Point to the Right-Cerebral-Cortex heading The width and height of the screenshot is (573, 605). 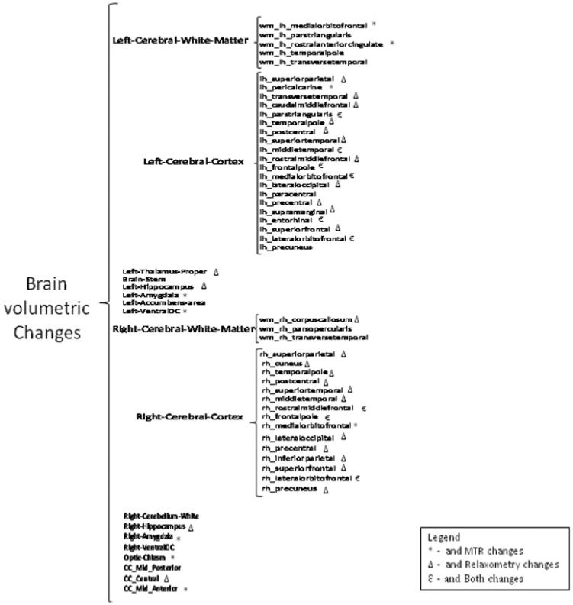188,417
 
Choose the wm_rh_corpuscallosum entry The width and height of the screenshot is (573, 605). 305,319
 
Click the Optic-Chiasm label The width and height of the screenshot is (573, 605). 143,558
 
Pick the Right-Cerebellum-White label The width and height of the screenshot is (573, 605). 161,516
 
